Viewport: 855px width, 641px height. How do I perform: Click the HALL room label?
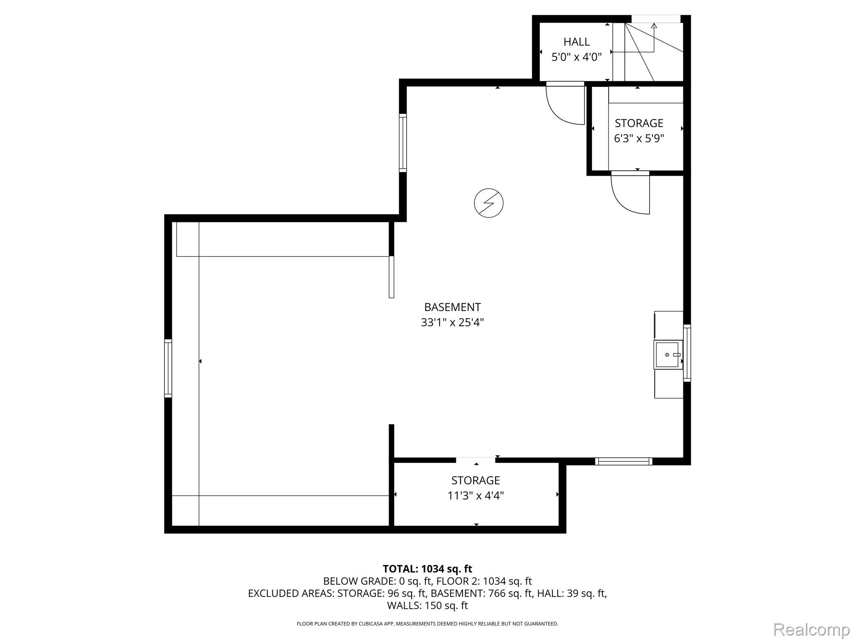point(577,42)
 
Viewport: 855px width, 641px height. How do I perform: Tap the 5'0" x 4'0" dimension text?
point(577,57)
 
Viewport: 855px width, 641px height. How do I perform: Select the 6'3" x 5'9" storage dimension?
point(639,138)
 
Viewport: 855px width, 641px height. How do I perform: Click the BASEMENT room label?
point(453,307)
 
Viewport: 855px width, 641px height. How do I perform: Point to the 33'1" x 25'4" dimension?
point(452,323)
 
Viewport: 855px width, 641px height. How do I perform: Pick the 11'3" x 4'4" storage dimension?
point(476,496)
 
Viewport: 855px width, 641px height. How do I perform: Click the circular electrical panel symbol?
point(488,203)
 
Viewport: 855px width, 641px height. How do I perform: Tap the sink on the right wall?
point(668,355)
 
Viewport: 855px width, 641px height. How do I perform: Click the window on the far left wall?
point(168,368)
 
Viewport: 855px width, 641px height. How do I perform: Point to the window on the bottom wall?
point(624,461)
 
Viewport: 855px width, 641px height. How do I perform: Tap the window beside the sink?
point(687,353)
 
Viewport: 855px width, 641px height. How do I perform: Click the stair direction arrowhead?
point(654,25)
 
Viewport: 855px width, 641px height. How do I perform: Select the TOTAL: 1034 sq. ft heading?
point(427,569)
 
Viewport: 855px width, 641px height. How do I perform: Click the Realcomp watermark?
point(812,629)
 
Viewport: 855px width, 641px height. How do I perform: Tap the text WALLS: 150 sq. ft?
point(427,606)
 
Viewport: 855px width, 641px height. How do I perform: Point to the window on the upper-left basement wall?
point(403,143)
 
